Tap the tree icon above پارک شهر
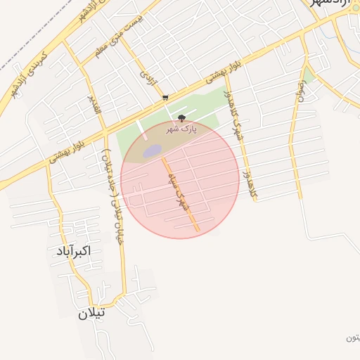181,118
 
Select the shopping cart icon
165,98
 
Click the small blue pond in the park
153,151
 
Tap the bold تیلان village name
92,313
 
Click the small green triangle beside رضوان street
309,75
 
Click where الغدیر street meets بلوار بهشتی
104,129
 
